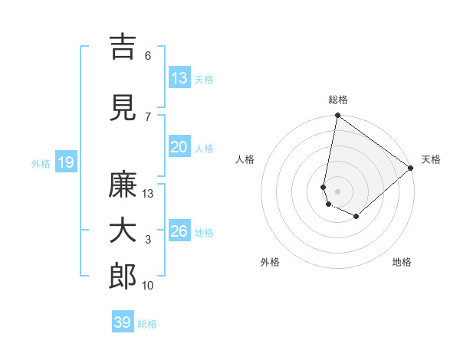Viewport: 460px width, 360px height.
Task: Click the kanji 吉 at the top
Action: click(123, 47)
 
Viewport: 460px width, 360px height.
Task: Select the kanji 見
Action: click(123, 108)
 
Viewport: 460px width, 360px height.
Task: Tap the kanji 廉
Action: click(123, 185)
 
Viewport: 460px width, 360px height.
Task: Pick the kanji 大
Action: click(123, 231)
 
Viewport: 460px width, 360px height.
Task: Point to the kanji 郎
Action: click(123, 277)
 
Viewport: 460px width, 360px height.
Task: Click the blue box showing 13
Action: click(179, 78)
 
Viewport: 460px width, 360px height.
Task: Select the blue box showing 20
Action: click(179, 147)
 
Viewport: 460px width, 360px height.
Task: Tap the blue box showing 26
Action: click(179, 231)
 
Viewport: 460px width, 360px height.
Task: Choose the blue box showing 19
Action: click(65, 162)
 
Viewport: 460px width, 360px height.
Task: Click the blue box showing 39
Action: click(123, 322)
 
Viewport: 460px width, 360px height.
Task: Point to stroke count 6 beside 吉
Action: click(148, 56)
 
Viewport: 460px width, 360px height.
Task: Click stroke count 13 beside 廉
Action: click(148, 194)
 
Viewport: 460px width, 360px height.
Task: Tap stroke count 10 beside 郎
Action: click(148, 286)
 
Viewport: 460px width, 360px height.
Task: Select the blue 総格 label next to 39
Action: click(147, 324)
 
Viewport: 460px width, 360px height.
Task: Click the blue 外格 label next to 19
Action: click(41, 164)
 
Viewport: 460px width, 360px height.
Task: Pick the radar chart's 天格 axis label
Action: click(431, 159)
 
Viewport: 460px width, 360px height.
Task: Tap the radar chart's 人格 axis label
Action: click(245, 159)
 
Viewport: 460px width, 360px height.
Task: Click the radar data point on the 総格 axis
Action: click(337, 116)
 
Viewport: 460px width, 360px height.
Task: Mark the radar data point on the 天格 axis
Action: click(411, 168)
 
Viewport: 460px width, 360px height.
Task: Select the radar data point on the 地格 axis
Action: click(356, 217)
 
